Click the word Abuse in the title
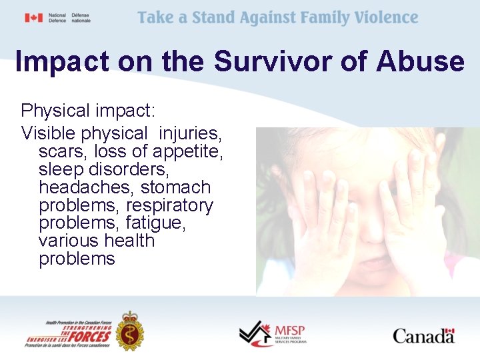click(x=421, y=61)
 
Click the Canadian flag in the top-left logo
click(x=33, y=18)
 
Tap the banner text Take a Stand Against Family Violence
click(x=278, y=18)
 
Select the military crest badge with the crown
click(x=129, y=330)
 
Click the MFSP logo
click(x=272, y=331)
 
